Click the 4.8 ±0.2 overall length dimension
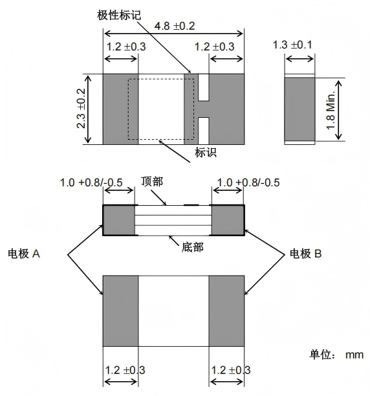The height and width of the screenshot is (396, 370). pyautogui.click(x=175, y=27)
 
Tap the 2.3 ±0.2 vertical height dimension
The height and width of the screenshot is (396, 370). pyautogui.click(x=82, y=109)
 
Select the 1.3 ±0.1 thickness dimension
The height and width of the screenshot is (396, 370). pyautogui.click(x=292, y=45)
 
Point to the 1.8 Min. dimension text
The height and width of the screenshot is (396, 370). pyautogui.click(x=331, y=110)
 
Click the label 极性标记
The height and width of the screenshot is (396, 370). pyautogui.click(x=119, y=15)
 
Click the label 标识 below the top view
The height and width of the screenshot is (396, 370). pyautogui.click(x=206, y=153)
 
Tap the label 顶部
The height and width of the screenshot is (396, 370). pyautogui.click(x=152, y=182)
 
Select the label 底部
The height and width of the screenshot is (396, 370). pyautogui.click(x=192, y=247)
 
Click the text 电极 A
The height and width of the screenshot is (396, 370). pyautogui.click(x=24, y=254)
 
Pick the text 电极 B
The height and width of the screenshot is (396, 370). pyautogui.click(x=306, y=254)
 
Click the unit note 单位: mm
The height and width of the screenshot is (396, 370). pyautogui.click(x=336, y=355)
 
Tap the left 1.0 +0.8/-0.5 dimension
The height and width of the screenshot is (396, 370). pyautogui.click(x=91, y=182)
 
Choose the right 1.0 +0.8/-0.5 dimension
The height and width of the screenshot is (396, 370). pyautogui.click(x=248, y=182)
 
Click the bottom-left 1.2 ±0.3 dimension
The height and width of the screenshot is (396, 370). pyautogui.click(x=125, y=370)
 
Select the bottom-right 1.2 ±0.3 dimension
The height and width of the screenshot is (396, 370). pyautogui.click(x=231, y=370)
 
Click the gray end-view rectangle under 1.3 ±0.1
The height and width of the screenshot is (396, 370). pyautogui.click(x=300, y=109)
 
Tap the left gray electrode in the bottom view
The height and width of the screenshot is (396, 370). pyautogui.click(x=121, y=311)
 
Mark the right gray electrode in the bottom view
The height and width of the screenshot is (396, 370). pyautogui.click(x=226, y=311)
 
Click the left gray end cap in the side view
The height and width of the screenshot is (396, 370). pyautogui.click(x=118, y=220)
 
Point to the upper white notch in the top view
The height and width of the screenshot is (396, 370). pyautogui.click(x=204, y=87)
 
